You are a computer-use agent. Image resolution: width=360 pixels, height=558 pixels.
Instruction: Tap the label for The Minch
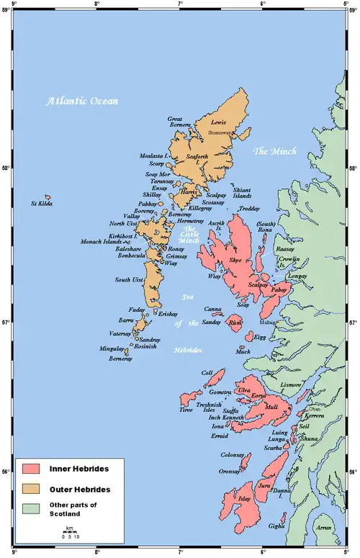click(x=274, y=151)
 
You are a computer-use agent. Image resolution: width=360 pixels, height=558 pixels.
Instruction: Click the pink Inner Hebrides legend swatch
click(x=31, y=469)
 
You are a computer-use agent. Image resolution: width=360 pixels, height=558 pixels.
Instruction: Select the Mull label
click(x=271, y=407)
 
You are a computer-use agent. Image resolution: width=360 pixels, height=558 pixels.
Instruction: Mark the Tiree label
click(x=186, y=410)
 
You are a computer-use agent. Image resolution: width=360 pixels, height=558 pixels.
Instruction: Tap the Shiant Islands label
click(x=241, y=192)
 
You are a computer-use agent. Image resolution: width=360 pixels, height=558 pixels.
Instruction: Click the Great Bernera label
click(x=179, y=122)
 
